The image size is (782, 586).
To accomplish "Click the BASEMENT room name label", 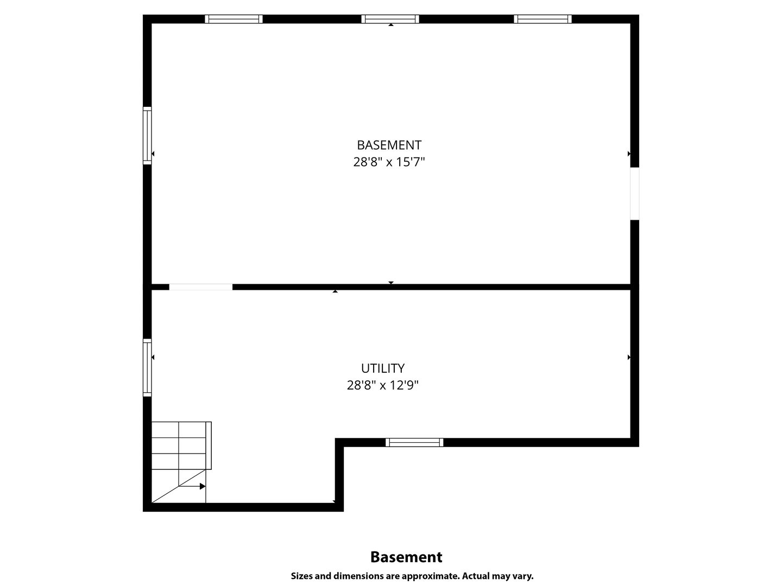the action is pos(389,145).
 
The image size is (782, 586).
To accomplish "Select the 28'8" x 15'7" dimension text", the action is pos(389,162).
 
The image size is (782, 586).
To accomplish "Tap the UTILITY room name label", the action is pos(383,368).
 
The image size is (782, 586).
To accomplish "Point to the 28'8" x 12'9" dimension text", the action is pos(383,385).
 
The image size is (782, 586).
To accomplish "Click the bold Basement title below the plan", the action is pos(406,557).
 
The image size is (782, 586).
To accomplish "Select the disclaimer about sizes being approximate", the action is pos(412,576).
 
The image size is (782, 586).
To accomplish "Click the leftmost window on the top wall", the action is pos(234,19).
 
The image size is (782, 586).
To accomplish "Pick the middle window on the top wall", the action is pos(390,19).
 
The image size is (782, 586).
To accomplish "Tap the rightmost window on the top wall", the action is pos(543,19).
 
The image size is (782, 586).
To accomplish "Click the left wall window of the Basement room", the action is pos(147,136).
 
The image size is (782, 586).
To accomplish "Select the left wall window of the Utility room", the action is pos(147,367).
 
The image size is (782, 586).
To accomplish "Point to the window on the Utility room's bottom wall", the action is pos(414,442).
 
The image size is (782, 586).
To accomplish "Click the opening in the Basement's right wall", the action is pos(634,194).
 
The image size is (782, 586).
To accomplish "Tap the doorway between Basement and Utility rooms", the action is pos(200,287).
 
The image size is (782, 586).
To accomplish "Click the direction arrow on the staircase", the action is pos(192,486).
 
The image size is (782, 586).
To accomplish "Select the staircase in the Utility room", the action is pos(181,462).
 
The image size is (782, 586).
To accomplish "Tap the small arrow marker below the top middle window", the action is pos(391,25).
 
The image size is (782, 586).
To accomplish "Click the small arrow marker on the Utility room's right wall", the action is pos(629,357).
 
